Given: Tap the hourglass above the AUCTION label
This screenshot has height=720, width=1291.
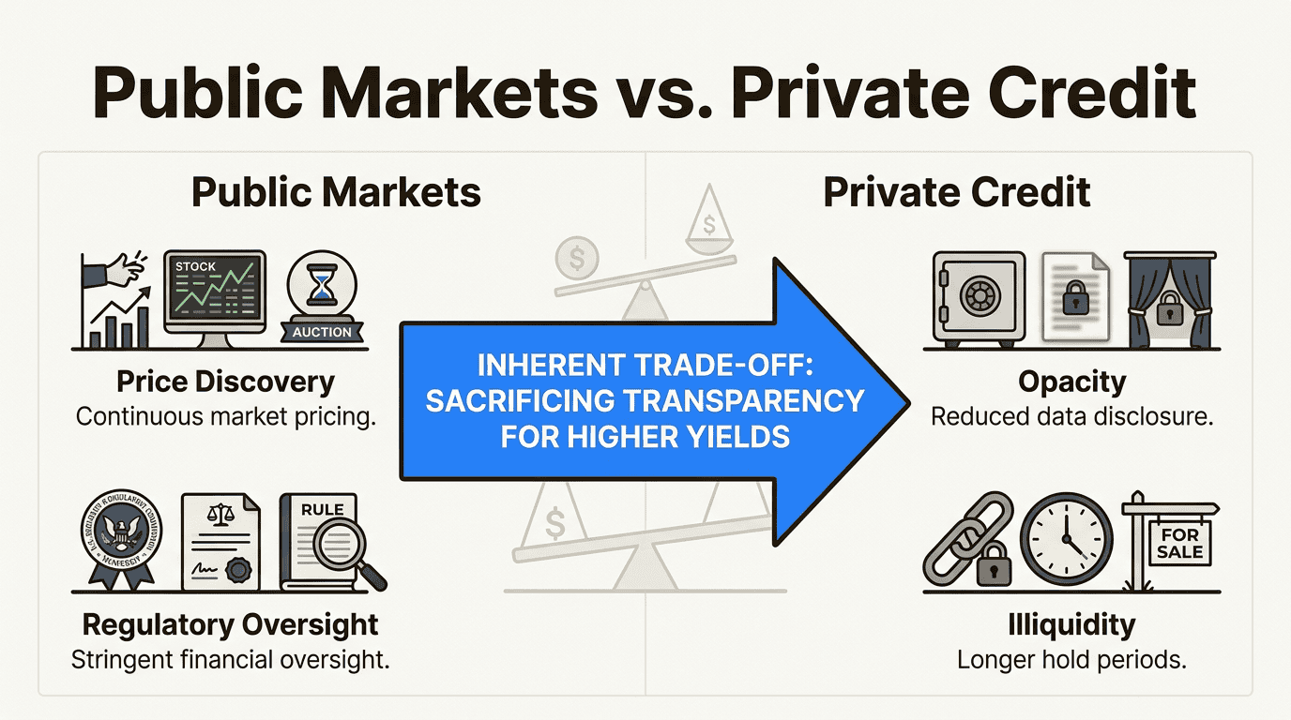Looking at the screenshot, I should [322, 287].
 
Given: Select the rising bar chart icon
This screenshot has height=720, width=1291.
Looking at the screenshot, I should [115, 300].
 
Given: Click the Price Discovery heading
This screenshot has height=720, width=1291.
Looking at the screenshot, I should [225, 382].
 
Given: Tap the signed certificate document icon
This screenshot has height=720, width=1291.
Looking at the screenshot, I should [222, 541].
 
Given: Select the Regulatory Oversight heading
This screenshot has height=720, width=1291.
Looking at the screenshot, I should [231, 624].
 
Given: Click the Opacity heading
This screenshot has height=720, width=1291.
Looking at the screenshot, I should [1071, 382].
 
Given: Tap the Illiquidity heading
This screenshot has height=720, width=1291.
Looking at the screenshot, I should [1071, 624].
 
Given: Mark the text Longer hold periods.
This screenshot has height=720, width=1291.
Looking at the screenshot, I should [1071, 660].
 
